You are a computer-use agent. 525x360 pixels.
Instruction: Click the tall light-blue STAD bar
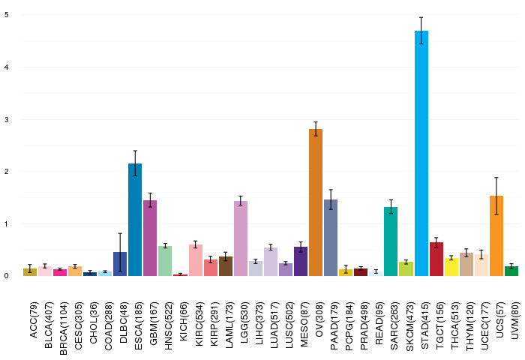tap(421, 154)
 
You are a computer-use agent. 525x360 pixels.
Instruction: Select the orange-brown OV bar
tap(316, 202)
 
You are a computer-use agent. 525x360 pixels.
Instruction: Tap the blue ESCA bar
tap(135, 220)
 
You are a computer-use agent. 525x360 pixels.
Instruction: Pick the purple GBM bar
tap(150, 238)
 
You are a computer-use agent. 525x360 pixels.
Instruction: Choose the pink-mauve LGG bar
tap(241, 238)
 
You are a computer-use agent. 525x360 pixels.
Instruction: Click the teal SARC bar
tap(391, 241)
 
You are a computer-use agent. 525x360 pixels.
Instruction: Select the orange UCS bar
tap(496, 235)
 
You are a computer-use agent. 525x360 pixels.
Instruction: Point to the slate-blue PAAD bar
tap(331, 238)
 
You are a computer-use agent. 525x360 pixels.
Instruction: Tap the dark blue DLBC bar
tap(120, 264)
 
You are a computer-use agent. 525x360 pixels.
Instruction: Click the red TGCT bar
tap(436, 259)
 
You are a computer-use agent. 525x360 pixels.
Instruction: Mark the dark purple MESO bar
tap(301, 262)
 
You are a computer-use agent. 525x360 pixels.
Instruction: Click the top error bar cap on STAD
tap(421, 17)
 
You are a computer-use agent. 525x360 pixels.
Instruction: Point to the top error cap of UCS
tap(496, 178)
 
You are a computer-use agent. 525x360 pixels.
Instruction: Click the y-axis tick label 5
tap(7, 15)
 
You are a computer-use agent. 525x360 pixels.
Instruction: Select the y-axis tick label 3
tap(7, 119)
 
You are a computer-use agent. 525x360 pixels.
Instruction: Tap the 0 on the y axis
tap(7, 276)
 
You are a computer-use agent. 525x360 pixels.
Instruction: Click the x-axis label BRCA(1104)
tap(63, 328)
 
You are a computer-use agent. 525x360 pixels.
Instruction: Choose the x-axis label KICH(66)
tap(184, 322)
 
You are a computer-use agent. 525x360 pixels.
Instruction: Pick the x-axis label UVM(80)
tap(515, 320)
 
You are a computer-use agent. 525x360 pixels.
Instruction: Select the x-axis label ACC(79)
tap(34, 320)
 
